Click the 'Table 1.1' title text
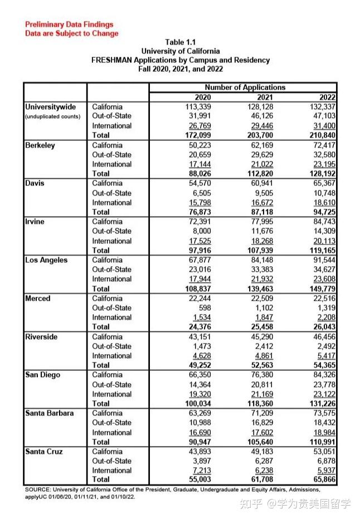click(180, 42)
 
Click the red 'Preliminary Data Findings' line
click(69, 25)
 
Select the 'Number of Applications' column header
click(245, 87)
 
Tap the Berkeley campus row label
click(40, 145)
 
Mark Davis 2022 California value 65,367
click(336, 183)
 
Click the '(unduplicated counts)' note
click(53, 116)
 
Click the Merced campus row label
click(38, 298)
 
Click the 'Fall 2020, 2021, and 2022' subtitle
click(180, 68)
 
